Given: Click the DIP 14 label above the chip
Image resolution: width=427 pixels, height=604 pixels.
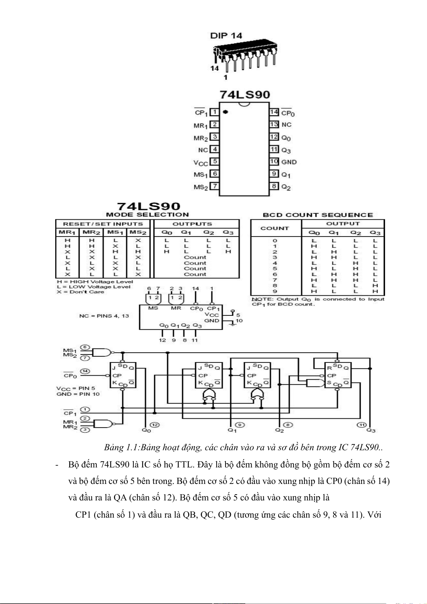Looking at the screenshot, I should (x=226, y=35).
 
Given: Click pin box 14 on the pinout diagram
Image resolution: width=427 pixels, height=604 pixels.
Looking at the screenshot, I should (x=274, y=112).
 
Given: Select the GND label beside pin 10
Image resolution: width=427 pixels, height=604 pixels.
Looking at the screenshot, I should (x=289, y=162).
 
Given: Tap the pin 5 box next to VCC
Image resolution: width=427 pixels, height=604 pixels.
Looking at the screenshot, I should (x=214, y=161).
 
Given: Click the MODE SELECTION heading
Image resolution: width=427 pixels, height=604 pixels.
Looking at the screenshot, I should (x=147, y=215).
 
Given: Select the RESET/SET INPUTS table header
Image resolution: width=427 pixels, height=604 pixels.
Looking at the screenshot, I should (x=103, y=224).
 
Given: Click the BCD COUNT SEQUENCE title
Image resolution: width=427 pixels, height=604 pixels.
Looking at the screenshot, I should (x=318, y=215).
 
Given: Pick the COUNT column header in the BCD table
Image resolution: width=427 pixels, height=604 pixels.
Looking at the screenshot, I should (x=275, y=228).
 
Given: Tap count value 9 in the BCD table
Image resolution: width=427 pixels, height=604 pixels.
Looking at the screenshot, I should (x=275, y=291).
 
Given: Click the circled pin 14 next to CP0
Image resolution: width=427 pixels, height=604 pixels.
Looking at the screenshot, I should (x=85, y=371).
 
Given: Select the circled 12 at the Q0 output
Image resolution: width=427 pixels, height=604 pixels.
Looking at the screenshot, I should (x=155, y=425).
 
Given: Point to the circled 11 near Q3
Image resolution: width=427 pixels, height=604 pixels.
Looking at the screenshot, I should (x=361, y=425).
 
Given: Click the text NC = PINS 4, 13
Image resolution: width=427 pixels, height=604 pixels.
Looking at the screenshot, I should (x=104, y=316).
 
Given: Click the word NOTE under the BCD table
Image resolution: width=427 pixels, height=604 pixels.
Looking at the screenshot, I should (x=259, y=299).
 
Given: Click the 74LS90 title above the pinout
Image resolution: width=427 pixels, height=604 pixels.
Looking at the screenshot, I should (x=245, y=95).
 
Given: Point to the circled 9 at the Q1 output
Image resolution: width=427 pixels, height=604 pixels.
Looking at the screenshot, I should (x=240, y=425).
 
